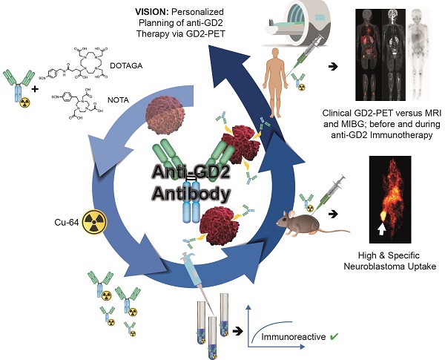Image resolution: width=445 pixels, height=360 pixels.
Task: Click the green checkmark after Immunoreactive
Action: [x=334, y=337]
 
